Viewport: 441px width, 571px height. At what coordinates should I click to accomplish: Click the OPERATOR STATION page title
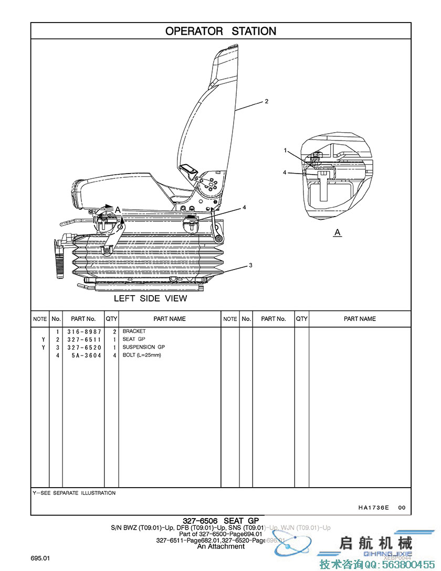click(220, 31)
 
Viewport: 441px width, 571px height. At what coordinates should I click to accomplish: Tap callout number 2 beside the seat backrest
click(267, 101)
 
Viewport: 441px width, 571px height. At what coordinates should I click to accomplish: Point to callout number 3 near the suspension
click(251, 265)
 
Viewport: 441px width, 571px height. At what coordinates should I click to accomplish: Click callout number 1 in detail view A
click(286, 150)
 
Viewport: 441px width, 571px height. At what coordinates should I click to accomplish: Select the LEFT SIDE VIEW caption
click(150, 298)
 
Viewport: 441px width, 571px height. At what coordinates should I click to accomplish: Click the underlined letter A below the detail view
click(338, 232)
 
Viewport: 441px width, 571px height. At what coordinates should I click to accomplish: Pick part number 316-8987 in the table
click(83, 332)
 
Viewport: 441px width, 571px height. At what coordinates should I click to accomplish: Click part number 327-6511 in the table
click(83, 340)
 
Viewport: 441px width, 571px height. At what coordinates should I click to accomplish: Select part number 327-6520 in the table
click(83, 348)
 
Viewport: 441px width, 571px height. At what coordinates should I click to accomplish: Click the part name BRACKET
click(134, 331)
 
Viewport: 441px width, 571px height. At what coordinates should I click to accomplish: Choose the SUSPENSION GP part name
click(144, 347)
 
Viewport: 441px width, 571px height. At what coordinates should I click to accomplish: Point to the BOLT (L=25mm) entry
click(142, 355)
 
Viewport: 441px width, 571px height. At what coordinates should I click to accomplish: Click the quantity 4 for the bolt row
click(114, 355)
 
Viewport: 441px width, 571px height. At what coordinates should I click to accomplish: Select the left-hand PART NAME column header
click(170, 319)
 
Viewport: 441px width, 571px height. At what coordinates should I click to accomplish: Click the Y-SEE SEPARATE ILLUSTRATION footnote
click(74, 493)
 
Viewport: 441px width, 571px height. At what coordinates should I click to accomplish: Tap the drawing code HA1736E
click(374, 508)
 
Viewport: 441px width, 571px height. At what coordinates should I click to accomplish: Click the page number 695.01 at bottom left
click(40, 558)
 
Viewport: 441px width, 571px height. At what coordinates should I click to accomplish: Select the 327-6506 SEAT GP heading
click(220, 521)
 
